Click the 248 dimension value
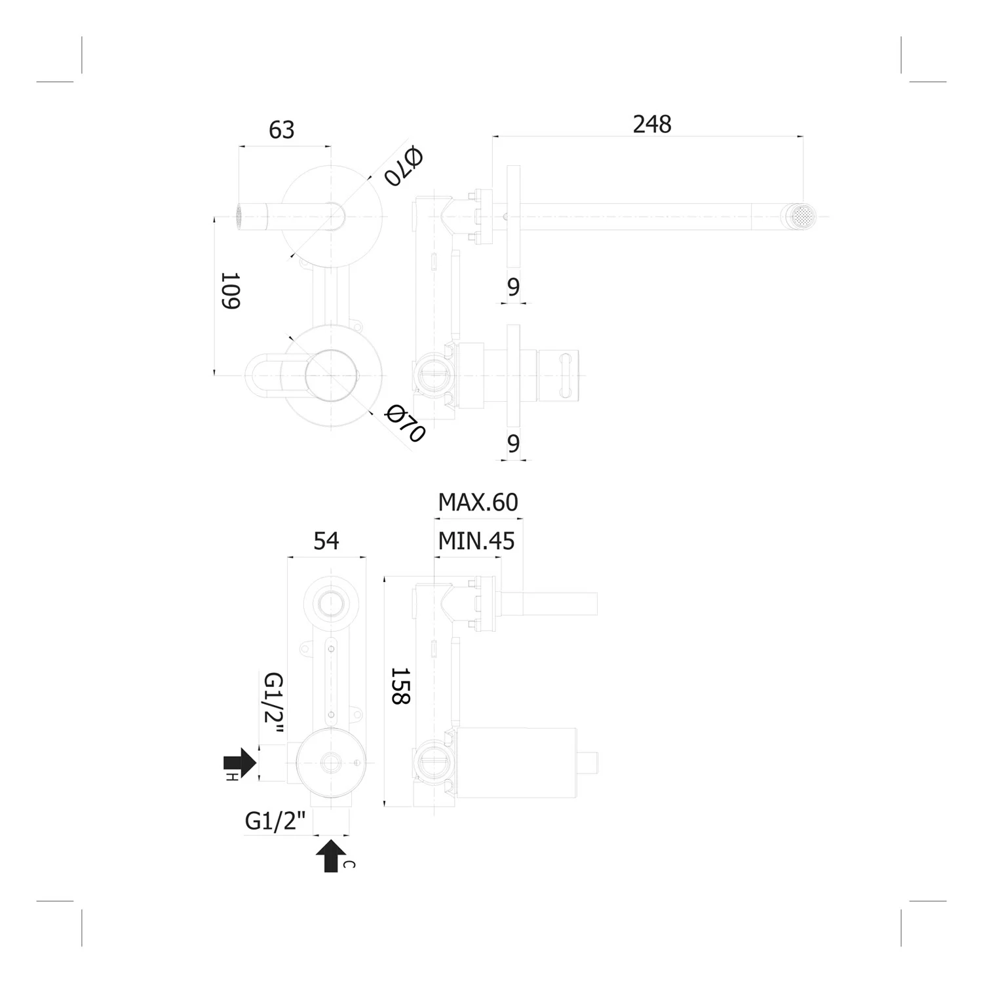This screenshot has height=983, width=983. pyautogui.click(x=652, y=124)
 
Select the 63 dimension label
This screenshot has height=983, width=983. pyautogui.click(x=282, y=130)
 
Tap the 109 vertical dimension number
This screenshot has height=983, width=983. pyautogui.click(x=230, y=291)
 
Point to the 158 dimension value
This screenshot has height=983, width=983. pyautogui.click(x=400, y=686)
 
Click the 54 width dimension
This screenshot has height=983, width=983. pyautogui.click(x=326, y=541)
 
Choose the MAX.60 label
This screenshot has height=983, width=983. pyautogui.click(x=478, y=502)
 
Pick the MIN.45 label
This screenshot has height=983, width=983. pyautogui.click(x=476, y=541)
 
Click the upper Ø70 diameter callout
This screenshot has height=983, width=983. pyautogui.click(x=403, y=166)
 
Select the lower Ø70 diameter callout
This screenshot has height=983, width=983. pyautogui.click(x=405, y=423)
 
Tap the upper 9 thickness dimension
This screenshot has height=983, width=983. pyautogui.click(x=514, y=286)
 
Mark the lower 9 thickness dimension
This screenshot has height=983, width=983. pyautogui.click(x=514, y=444)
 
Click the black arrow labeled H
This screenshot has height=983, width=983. pyautogui.click(x=239, y=762)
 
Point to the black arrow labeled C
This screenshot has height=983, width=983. pyautogui.click(x=331, y=855)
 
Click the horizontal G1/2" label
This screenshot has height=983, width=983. pyautogui.click(x=276, y=820)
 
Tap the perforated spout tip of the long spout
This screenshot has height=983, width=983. pyautogui.click(x=803, y=216)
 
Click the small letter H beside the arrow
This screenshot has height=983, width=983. pyautogui.click(x=231, y=777)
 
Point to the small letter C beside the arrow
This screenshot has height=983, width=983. pyautogui.click(x=349, y=864)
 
